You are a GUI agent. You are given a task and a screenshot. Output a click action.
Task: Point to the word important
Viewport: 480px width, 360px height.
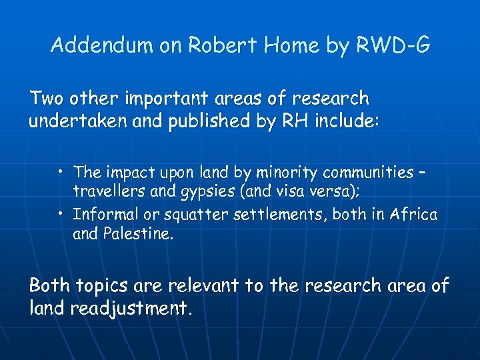pos(157,99)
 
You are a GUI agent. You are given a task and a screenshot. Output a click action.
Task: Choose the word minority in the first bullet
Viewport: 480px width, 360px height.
pos(288,173)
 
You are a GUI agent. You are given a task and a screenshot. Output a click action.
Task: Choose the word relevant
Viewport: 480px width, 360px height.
pos(201,285)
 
